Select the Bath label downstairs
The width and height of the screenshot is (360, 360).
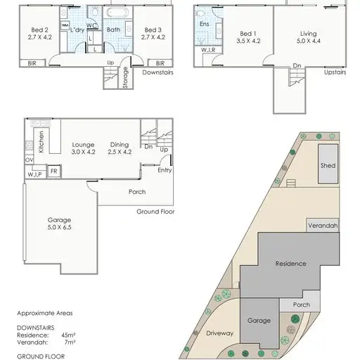pos(113,30)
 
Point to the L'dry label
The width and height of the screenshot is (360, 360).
pos(77,30)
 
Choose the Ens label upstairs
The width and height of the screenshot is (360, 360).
pos(205,24)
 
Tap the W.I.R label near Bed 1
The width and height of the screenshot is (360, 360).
pos(208,50)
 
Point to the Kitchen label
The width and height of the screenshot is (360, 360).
pos(41,143)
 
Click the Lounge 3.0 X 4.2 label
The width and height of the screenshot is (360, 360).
pos(83,147)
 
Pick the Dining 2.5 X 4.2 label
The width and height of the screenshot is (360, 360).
pos(119,147)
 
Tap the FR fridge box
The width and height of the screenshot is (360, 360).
pos(53,170)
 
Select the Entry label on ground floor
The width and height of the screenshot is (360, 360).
pos(165,169)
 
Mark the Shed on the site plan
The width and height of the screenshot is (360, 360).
pos(328,166)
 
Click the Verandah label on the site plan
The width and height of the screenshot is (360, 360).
pos(323,226)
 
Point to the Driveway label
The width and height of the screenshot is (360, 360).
pos(220,334)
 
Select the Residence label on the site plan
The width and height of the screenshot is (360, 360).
pos(290,264)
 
